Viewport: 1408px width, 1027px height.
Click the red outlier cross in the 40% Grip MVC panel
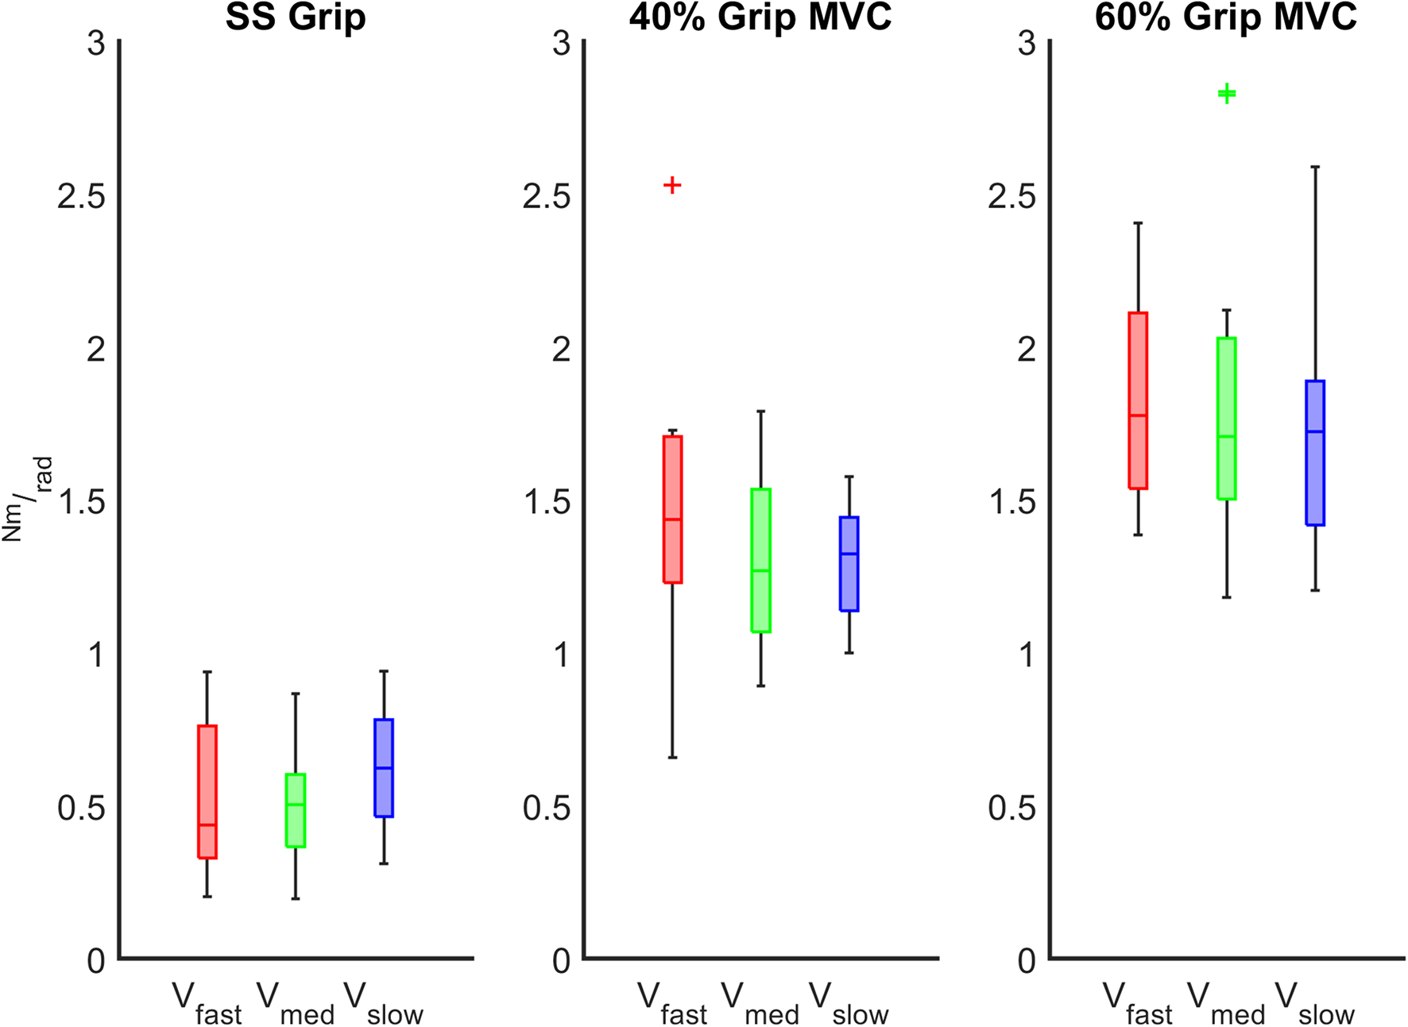tap(672, 185)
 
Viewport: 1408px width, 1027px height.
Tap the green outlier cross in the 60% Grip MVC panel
tap(1227, 94)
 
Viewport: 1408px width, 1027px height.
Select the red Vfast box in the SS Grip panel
tap(207, 791)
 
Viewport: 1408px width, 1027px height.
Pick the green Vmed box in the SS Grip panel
tap(296, 810)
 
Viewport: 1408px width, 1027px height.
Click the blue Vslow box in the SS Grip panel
tap(384, 767)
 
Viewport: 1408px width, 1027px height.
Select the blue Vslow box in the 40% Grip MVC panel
tap(849, 564)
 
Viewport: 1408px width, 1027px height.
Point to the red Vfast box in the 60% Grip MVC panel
tap(1138, 400)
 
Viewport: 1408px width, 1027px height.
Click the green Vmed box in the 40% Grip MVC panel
tap(761, 560)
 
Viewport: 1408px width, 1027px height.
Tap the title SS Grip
tap(296, 17)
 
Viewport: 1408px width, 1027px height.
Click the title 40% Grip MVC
tap(760, 17)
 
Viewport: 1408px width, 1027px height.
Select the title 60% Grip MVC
tap(1226, 17)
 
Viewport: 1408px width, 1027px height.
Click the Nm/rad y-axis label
tap(27, 499)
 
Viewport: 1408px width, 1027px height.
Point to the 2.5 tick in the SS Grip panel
tap(82, 195)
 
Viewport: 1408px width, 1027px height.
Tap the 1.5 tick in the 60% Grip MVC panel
tap(1012, 502)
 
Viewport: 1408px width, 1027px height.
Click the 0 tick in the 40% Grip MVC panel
tap(562, 961)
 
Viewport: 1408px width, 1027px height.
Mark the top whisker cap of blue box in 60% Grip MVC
tap(1315, 167)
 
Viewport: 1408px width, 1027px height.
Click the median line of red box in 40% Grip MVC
tap(673, 519)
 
